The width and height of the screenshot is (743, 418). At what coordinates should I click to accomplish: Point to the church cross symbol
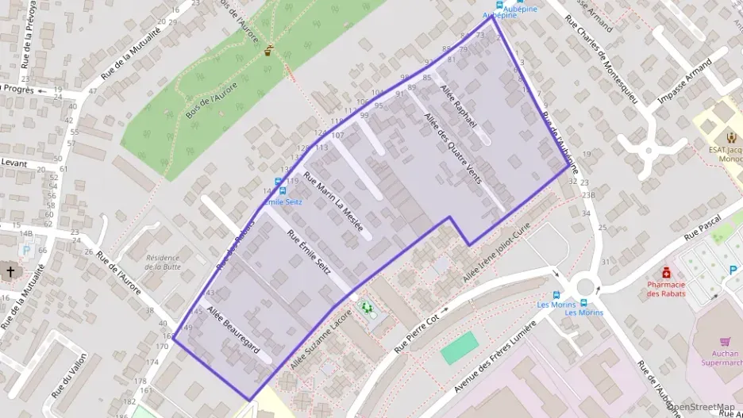click(11, 271)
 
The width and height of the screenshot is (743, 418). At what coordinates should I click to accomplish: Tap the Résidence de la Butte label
click(163, 262)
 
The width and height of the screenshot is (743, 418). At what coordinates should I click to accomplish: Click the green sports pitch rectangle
click(460, 347)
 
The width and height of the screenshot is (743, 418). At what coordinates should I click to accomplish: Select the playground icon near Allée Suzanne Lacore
click(366, 306)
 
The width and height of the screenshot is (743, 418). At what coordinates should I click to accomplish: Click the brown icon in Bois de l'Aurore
click(269, 50)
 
